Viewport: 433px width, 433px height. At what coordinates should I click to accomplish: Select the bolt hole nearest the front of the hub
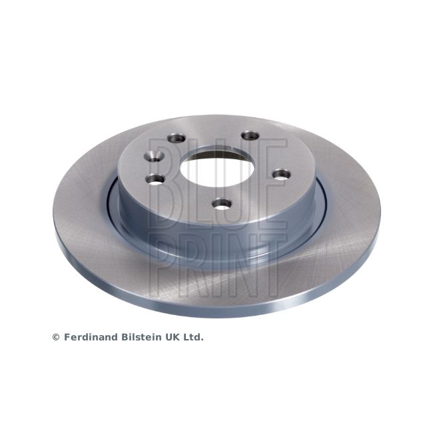[219, 205]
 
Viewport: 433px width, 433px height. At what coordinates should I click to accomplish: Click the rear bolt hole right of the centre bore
[250, 135]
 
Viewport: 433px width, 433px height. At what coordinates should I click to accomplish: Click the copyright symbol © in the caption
[55, 338]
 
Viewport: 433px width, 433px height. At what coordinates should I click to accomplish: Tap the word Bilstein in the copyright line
[141, 338]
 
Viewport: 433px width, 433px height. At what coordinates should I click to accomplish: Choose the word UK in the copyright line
[173, 338]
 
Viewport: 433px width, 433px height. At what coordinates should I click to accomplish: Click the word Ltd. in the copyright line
[194, 338]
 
